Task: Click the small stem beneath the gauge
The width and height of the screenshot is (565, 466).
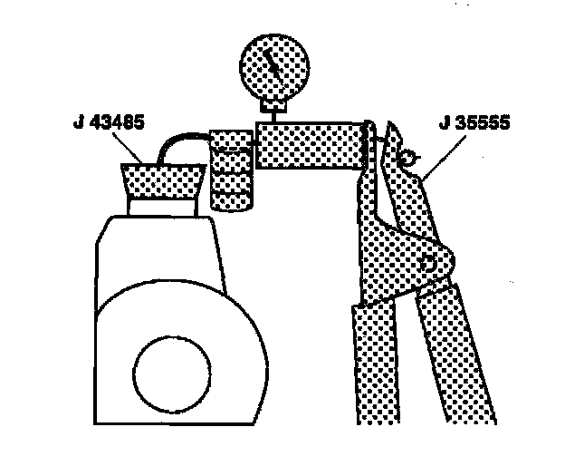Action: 269,110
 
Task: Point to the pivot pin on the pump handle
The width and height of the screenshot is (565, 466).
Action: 428,262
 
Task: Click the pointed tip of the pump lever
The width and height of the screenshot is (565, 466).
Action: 390,126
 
